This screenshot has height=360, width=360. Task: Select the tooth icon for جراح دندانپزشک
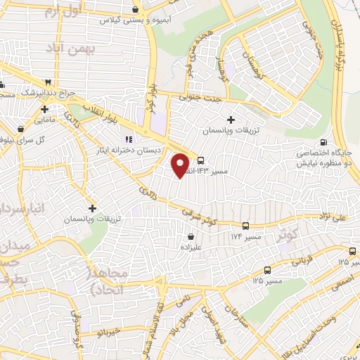(x=49, y=82)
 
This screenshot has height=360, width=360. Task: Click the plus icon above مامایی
(x=45, y=109)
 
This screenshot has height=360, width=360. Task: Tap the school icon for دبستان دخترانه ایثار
(x=128, y=139)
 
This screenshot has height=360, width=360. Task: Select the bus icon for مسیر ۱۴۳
(x=201, y=160)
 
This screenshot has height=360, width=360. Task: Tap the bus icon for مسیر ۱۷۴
(x=245, y=226)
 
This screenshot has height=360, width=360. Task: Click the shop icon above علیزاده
(x=191, y=237)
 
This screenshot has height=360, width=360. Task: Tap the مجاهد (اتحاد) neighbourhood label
(x=105, y=281)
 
